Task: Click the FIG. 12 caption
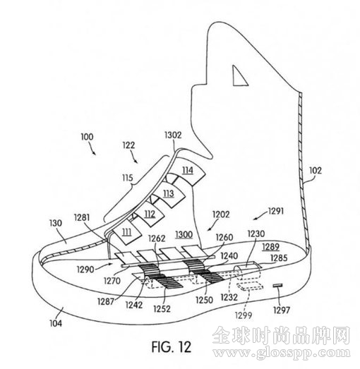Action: pyautogui.click(x=171, y=346)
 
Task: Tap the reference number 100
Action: pyautogui.click(x=87, y=137)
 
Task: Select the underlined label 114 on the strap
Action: pyautogui.click(x=188, y=170)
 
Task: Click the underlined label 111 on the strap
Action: pyautogui.click(x=126, y=233)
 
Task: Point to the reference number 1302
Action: pyautogui.click(x=173, y=135)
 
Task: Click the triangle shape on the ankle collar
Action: pyautogui.click(x=240, y=76)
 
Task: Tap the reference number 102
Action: pyautogui.click(x=315, y=170)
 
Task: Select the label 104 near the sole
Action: pyautogui.click(x=56, y=323)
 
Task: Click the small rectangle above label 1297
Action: pyautogui.click(x=277, y=286)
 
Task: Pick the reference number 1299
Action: pyautogui.click(x=244, y=315)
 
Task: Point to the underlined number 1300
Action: pyautogui.click(x=184, y=235)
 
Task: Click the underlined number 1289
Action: pyautogui.click(x=271, y=247)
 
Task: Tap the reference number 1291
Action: pyautogui.click(x=276, y=211)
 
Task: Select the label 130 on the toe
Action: pyautogui.click(x=56, y=223)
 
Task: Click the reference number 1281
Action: pyautogui.click(x=82, y=217)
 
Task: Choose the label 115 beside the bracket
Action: pyautogui.click(x=127, y=178)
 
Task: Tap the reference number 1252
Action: pyautogui.click(x=162, y=309)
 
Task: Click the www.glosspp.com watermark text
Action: pyautogui.click(x=282, y=353)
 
